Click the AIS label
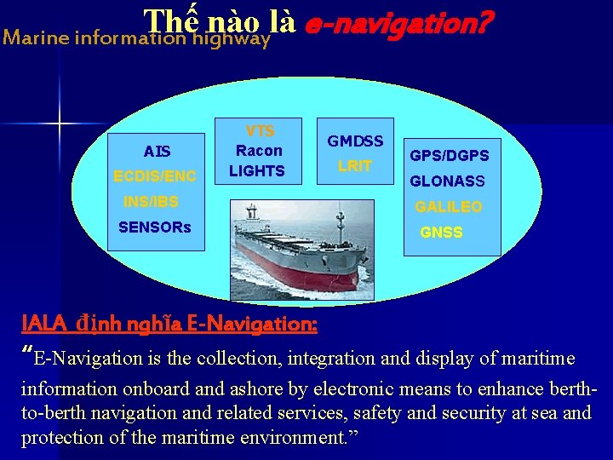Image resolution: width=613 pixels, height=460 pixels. [x=157, y=152]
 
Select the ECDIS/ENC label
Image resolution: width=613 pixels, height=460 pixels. [x=155, y=176]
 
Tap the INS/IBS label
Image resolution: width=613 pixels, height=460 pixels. [x=151, y=203]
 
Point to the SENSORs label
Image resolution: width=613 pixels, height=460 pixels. [x=155, y=227]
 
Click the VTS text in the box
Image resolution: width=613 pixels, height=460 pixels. [x=260, y=131]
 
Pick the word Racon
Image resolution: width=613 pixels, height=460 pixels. [x=259, y=151]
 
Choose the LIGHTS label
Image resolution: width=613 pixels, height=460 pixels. [x=257, y=171]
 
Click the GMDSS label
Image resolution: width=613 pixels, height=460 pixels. [x=355, y=141]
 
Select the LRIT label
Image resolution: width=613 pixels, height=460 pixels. [x=355, y=166]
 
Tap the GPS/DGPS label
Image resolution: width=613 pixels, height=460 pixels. [x=450, y=156]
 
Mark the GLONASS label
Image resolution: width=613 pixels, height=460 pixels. [x=447, y=181]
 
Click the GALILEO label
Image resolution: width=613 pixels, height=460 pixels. [x=448, y=207]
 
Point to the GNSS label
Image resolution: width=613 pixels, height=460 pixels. [x=441, y=233]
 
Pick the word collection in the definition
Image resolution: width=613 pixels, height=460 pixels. [x=238, y=359]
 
